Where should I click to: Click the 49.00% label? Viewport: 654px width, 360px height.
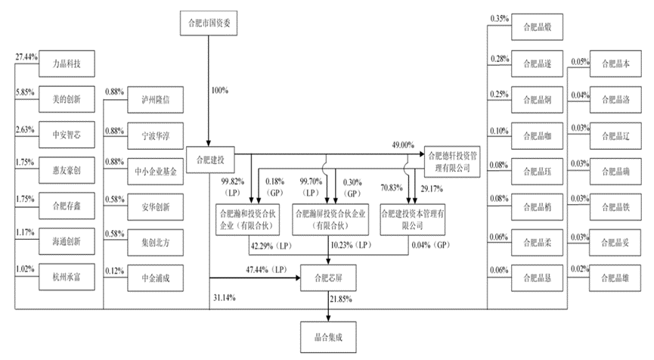click(402, 144)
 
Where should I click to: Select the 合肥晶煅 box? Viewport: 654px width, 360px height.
click(538, 26)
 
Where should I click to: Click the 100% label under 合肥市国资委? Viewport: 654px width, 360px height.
click(220, 91)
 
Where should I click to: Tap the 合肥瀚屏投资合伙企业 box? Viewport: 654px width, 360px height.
click(327, 219)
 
